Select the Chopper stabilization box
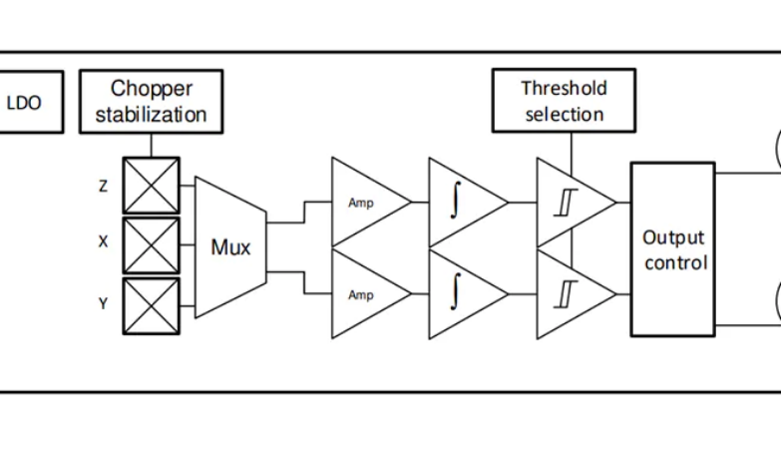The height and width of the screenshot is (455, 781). coord(151,102)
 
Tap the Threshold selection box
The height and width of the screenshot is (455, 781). coord(564,101)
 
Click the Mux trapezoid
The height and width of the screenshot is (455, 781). coord(229,246)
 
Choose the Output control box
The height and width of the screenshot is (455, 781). coord(672,248)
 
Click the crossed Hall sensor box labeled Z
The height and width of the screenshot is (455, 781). coord(151,186)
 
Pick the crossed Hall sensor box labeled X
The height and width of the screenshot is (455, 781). coord(151,245)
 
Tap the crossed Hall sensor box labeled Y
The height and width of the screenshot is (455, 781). coord(151,305)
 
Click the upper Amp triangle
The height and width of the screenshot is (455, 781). coord(364,203)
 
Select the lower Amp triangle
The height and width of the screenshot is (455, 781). coord(364,294)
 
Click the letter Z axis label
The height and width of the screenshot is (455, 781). coord(103,186)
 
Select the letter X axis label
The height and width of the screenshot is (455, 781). coord(103,242)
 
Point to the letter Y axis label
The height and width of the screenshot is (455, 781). coord(103,303)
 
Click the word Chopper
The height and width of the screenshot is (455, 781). coord(151,89)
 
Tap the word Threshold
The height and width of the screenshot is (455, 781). coord(564,88)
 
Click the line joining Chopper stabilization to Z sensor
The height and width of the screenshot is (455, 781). coord(151,145)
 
